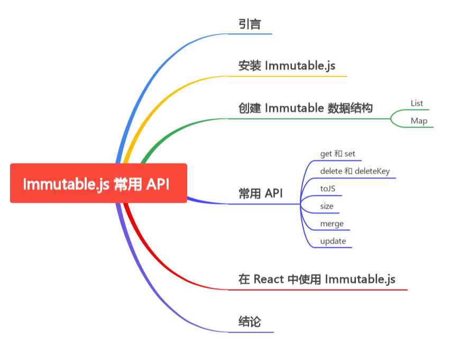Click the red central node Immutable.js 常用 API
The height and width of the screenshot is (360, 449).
[x=98, y=183]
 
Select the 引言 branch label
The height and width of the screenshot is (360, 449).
[x=250, y=24]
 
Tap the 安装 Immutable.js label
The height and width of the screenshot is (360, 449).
[x=287, y=66]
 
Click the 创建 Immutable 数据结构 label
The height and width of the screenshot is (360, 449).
[x=306, y=109]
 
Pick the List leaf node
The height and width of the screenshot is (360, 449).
[x=417, y=103]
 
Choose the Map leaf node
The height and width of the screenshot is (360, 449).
[x=419, y=121]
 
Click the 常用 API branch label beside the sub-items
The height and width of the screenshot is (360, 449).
[x=260, y=194]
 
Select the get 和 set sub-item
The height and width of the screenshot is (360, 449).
[x=337, y=154]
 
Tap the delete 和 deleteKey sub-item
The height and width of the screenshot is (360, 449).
[x=354, y=171]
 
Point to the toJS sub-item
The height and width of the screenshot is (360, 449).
[x=328, y=188]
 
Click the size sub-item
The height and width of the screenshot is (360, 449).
[x=327, y=206]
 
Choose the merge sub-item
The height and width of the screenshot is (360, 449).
[x=332, y=223]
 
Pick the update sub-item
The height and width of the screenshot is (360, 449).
[x=333, y=241]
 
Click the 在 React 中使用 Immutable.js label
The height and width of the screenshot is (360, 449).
[x=317, y=279]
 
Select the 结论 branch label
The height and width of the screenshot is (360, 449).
[x=250, y=321]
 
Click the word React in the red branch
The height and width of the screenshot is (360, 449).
[x=269, y=279]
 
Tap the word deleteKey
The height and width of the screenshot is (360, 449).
[x=372, y=171]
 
